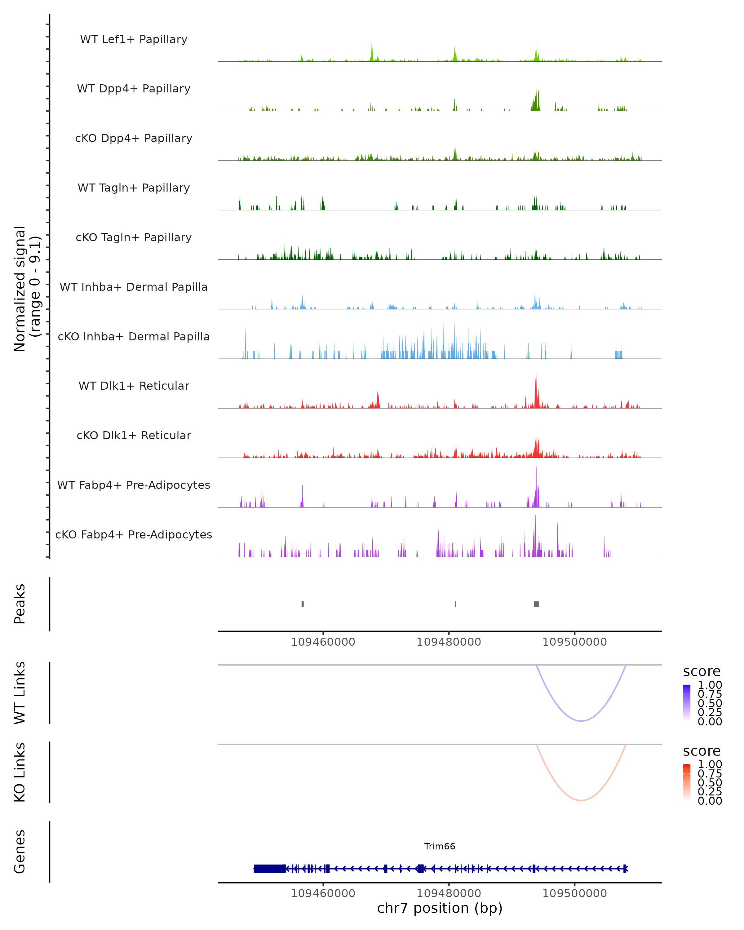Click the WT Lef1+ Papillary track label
[134, 39]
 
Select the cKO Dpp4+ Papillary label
[134, 138]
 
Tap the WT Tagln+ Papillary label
[134, 188]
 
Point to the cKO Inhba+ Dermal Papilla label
[134, 336]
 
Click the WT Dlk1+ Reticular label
[134, 386]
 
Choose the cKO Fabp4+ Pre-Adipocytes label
[134, 534]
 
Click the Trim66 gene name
[440, 846]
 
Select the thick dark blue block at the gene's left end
[270, 869]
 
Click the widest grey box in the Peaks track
[536, 604]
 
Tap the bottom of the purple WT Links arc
[581, 721]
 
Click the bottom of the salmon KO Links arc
[581, 800]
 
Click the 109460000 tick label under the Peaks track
[323, 642]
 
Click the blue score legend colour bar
[687, 703]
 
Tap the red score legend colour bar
[687, 782]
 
